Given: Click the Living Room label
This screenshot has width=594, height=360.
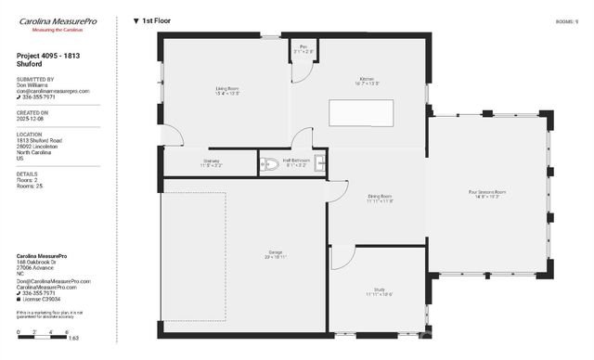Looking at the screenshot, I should pos(227,91).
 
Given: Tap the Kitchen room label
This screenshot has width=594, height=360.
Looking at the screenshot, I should pos(368,81).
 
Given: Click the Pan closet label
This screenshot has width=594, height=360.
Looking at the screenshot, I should pos(303,48).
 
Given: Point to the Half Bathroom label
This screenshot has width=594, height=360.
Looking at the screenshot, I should pos(296,163).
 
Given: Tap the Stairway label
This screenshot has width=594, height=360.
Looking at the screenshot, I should pos(212,163).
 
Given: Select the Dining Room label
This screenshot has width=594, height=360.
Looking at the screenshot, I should pos(380,198).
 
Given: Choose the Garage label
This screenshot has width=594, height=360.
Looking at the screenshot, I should pos(275,252).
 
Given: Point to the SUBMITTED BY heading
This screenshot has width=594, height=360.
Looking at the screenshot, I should pos(35,80).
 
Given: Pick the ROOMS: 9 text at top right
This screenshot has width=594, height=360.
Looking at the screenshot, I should pos(566,19).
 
